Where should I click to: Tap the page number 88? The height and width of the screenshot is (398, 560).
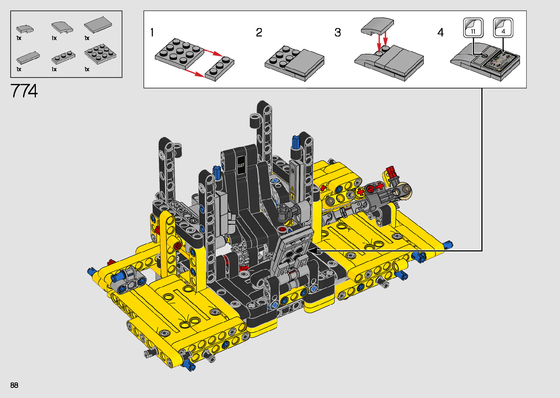[x=14, y=385]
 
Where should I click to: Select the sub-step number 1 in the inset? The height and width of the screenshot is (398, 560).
[x=152, y=33]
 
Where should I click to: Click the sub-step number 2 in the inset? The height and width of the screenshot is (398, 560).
[x=259, y=33]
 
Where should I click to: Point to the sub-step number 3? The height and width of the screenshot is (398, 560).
[x=338, y=33]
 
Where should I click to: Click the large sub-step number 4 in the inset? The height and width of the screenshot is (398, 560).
[x=440, y=33]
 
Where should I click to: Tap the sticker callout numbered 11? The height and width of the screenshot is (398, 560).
[x=473, y=28]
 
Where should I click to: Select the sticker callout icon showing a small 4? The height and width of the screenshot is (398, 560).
[x=503, y=28]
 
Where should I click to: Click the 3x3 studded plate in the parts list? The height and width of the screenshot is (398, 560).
[x=100, y=54]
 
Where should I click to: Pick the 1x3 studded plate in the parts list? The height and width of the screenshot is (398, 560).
[x=63, y=57]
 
